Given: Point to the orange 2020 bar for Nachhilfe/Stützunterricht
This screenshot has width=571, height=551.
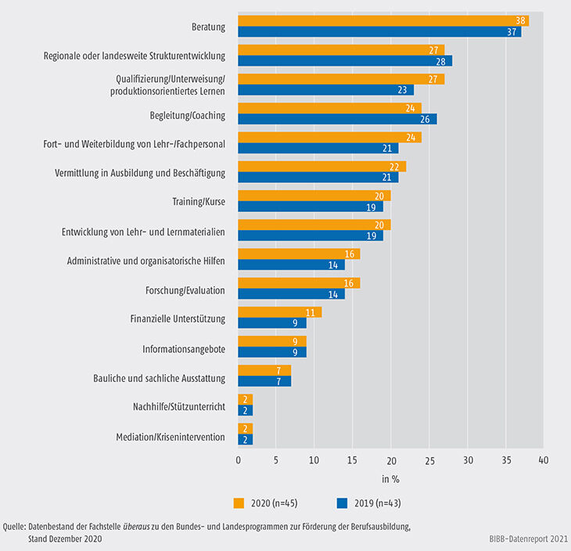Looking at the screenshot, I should [x=246, y=399].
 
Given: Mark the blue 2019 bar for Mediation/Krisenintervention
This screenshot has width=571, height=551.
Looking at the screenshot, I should [x=246, y=439].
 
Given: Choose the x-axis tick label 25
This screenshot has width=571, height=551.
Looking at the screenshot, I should [x=429, y=461].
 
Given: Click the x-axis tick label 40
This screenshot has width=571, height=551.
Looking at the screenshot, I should [x=544, y=461].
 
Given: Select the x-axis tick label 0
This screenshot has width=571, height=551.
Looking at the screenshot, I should [x=239, y=461].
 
